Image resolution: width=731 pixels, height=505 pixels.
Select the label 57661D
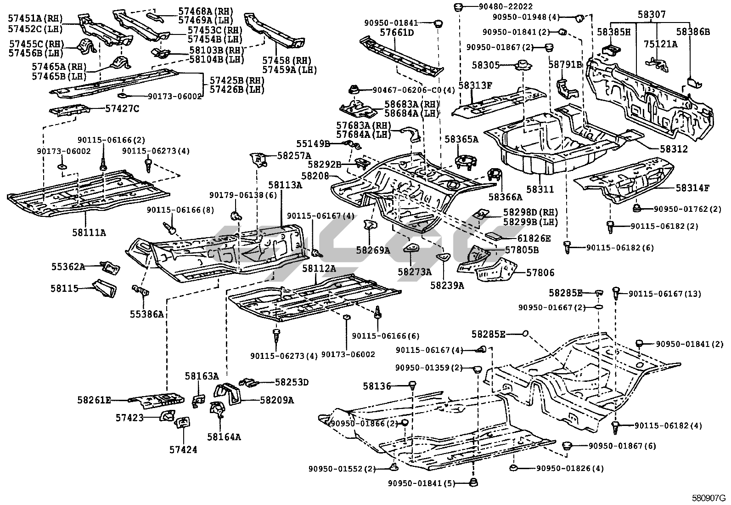click(x=396, y=33)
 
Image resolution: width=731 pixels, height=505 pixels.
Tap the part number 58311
click(x=540, y=189)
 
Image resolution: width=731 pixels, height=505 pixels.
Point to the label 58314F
click(x=692, y=187)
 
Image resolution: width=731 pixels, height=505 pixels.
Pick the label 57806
click(x=540, y=272)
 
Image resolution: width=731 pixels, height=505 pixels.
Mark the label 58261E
click(x=94, y=400)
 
